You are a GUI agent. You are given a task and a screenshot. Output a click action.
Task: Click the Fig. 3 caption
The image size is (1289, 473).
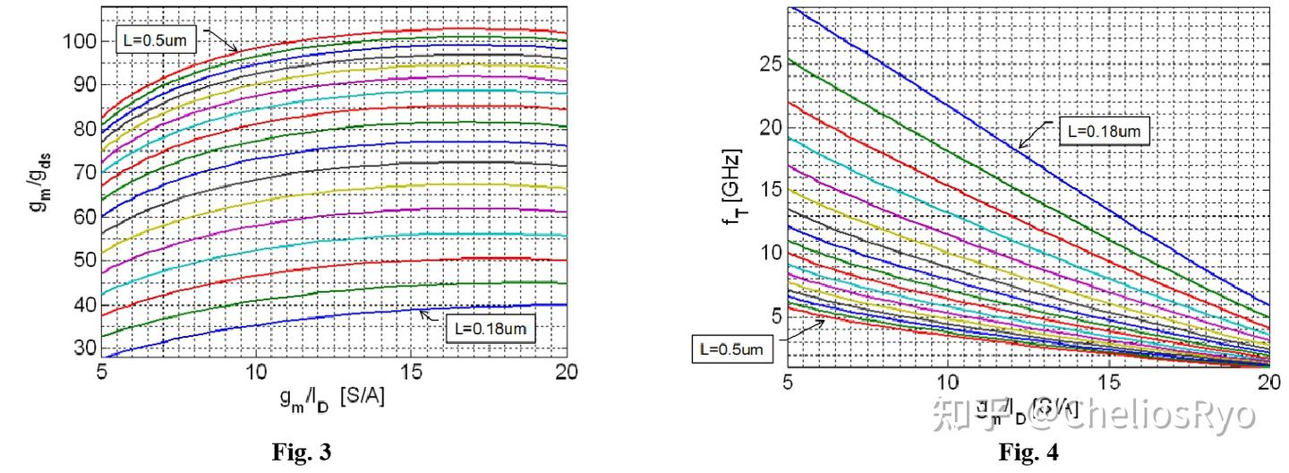301,453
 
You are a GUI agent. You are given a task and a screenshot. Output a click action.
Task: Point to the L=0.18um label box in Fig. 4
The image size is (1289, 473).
1104,130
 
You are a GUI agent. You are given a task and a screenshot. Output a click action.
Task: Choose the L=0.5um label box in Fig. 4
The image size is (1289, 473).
731,348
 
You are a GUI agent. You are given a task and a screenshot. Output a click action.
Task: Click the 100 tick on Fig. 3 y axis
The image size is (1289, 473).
78,41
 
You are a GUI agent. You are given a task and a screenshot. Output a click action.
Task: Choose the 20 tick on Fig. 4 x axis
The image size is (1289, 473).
1268,382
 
